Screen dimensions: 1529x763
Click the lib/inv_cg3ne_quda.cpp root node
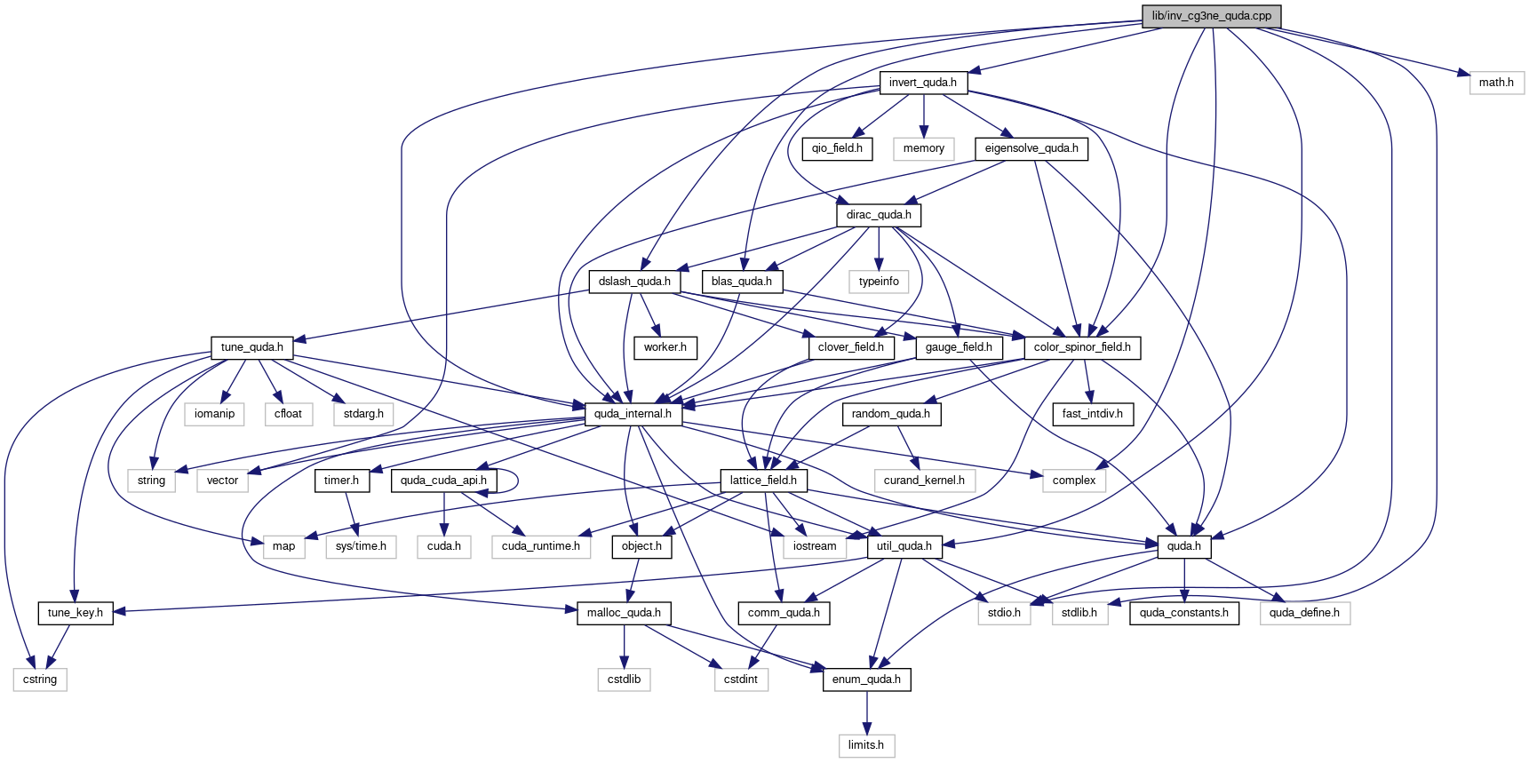1212,16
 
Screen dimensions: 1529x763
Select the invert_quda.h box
923,83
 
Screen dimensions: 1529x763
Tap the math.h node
1496,83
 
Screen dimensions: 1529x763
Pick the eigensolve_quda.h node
1031,148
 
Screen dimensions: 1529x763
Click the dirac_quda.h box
879,215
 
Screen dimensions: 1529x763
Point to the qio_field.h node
837,148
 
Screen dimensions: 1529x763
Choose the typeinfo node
879,282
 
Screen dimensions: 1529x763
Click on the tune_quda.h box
252,347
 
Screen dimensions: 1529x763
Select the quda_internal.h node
633,414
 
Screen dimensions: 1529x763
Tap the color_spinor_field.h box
1082,347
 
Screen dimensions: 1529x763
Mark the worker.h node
665,347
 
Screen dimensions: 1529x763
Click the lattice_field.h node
763,481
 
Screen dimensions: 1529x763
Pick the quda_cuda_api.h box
443,481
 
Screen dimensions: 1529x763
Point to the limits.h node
866,745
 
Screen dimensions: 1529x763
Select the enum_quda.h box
866,680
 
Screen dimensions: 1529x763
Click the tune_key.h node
76,613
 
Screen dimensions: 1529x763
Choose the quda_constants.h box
1184,613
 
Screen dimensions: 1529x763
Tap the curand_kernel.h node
924,481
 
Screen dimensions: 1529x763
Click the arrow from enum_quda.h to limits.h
866,712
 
